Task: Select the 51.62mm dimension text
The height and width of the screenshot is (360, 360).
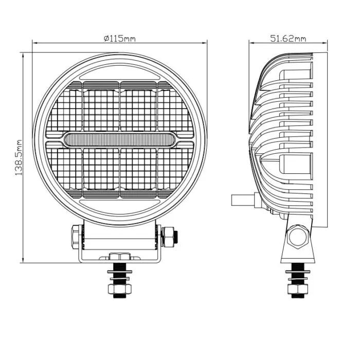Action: tap(287, 39)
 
